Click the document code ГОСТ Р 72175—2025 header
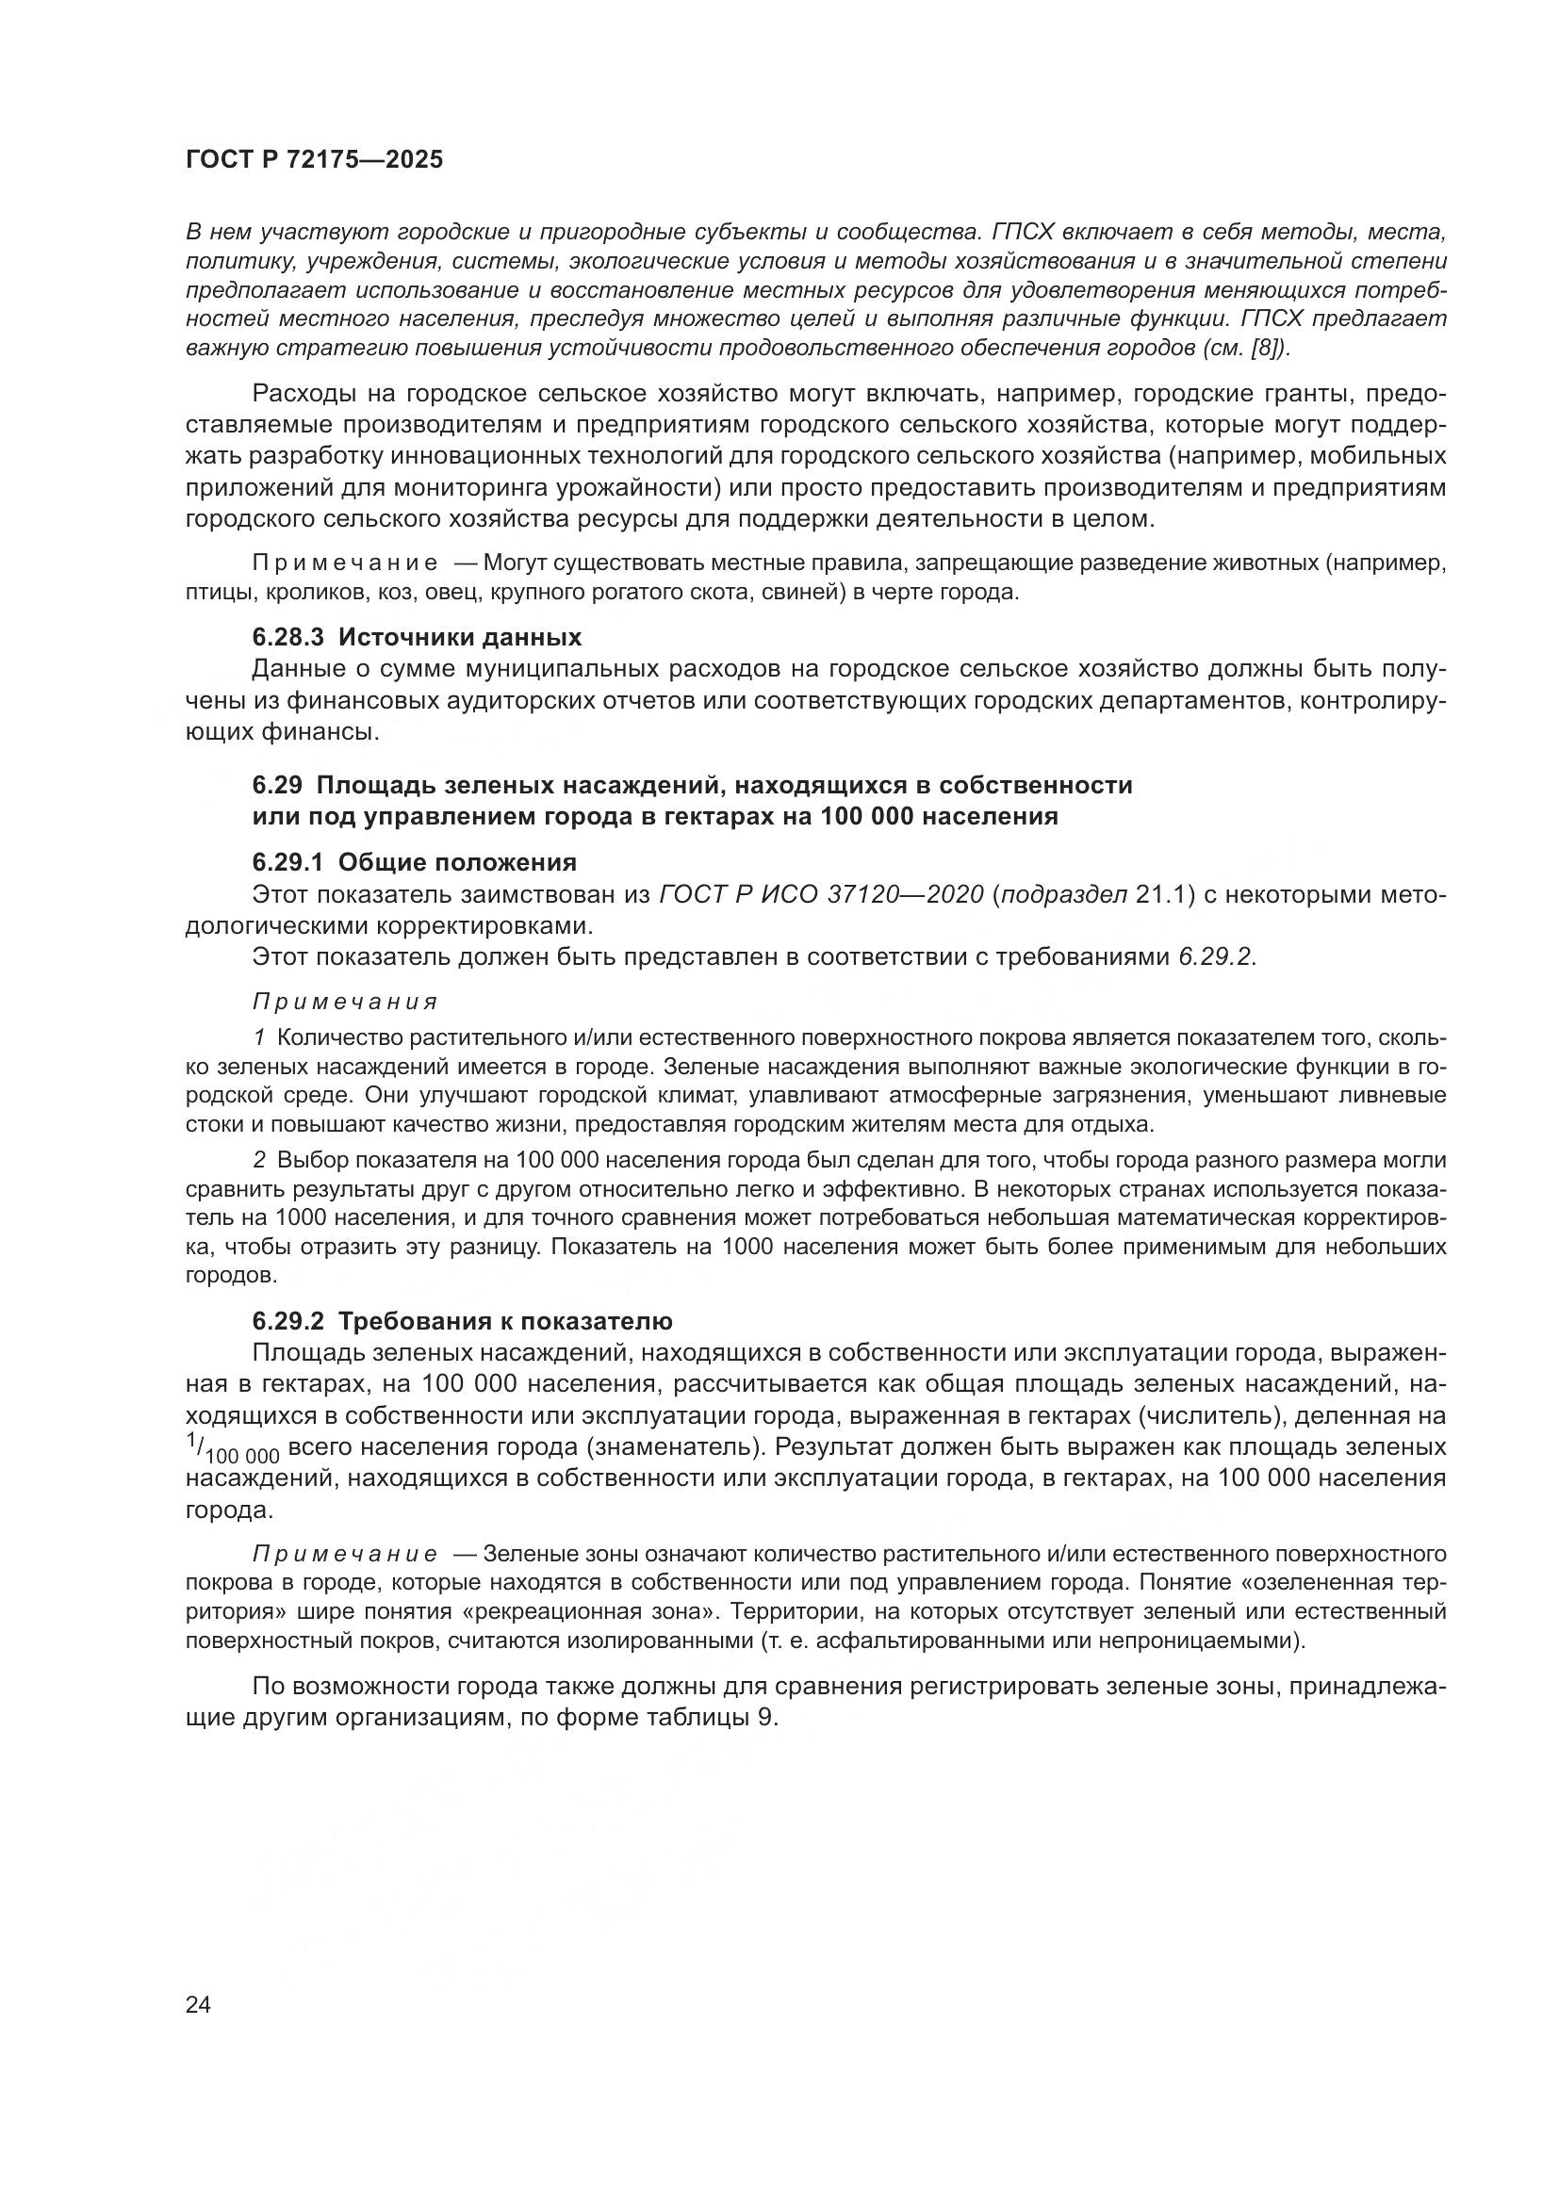coord(314,159)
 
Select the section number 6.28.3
coord(288,637)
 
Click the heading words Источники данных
coord(460,637)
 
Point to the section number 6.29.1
coord(288,860)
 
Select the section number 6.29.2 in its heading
coord(288,1322)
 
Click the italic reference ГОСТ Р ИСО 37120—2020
coord(822,894)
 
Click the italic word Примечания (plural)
coord(345,1003)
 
